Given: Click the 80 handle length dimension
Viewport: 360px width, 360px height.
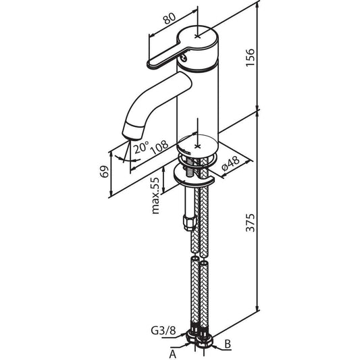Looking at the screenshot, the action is pos(170,18).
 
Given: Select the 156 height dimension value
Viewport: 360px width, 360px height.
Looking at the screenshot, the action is pos(251,57).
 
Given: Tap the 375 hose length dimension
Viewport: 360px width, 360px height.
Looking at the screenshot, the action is pos(251,223).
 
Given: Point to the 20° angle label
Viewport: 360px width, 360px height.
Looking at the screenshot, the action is pos(141,147).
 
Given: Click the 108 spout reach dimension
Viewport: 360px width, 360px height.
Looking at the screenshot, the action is pos(159,147).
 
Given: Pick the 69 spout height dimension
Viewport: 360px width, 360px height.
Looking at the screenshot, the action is pos(105,172).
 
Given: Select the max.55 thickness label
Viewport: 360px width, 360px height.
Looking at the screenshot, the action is pos(155,196).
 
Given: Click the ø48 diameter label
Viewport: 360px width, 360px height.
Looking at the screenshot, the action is pos(230,163).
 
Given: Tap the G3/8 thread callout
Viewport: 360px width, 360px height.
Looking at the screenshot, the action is pos(163,331).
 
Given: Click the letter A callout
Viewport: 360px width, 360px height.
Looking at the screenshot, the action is pos(173,354).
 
